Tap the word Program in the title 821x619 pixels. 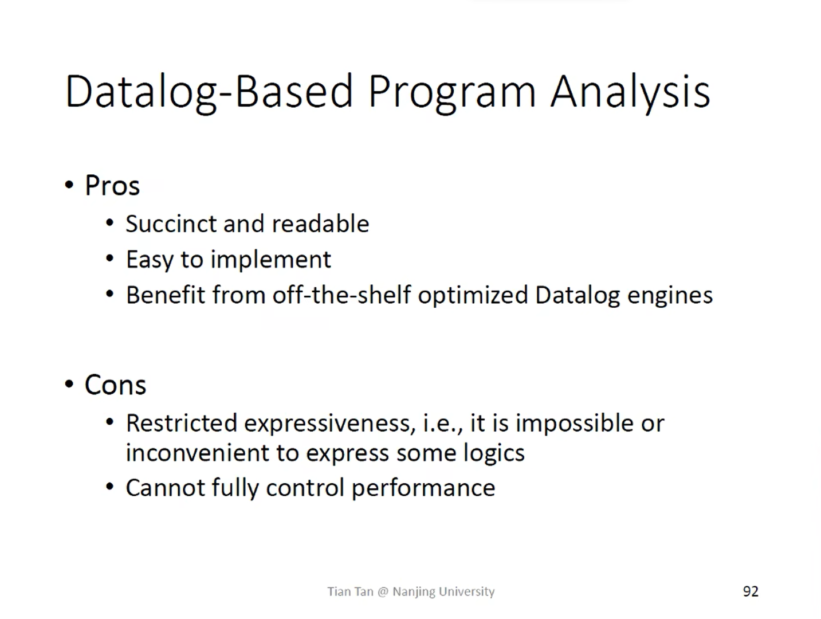452,93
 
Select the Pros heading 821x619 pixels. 112,185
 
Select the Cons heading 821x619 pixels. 115,385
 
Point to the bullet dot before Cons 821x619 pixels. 69,384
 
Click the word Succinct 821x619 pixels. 171,224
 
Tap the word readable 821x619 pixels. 320,224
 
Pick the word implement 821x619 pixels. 271,260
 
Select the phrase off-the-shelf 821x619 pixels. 341,295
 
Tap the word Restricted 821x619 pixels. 182,423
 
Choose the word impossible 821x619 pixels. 575,424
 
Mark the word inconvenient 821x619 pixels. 198,453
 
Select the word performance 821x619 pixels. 423,488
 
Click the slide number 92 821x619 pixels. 751,591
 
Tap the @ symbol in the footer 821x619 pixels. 383,591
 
